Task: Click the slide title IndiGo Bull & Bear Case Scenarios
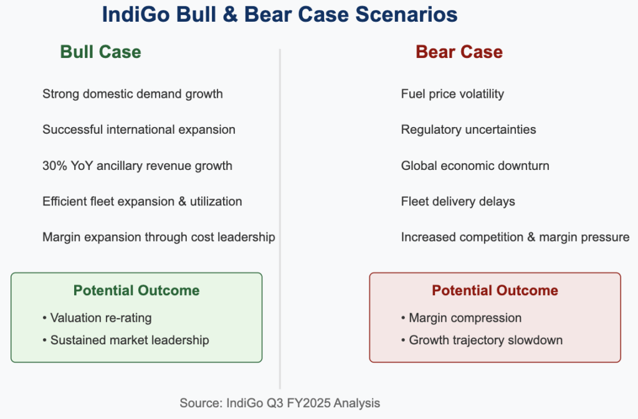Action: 280,14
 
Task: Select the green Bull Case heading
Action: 100,52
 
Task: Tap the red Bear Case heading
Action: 459,52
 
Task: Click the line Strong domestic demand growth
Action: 133,94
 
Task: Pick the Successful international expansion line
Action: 139,129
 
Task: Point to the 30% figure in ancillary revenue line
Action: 55,166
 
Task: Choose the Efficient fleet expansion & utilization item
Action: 142,202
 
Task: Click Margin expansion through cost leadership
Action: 159,237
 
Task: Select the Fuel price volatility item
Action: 452,94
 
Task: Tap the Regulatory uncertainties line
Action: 469,129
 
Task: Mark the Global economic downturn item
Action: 475,166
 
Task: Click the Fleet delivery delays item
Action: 458,202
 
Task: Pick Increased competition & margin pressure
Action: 515,237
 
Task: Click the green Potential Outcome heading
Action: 136,291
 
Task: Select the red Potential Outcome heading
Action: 495,291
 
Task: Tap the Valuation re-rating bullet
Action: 97,318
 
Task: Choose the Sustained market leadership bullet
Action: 126,340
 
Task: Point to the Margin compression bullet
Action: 461,318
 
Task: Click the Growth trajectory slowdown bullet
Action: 482,340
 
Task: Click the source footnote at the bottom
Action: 280,403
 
